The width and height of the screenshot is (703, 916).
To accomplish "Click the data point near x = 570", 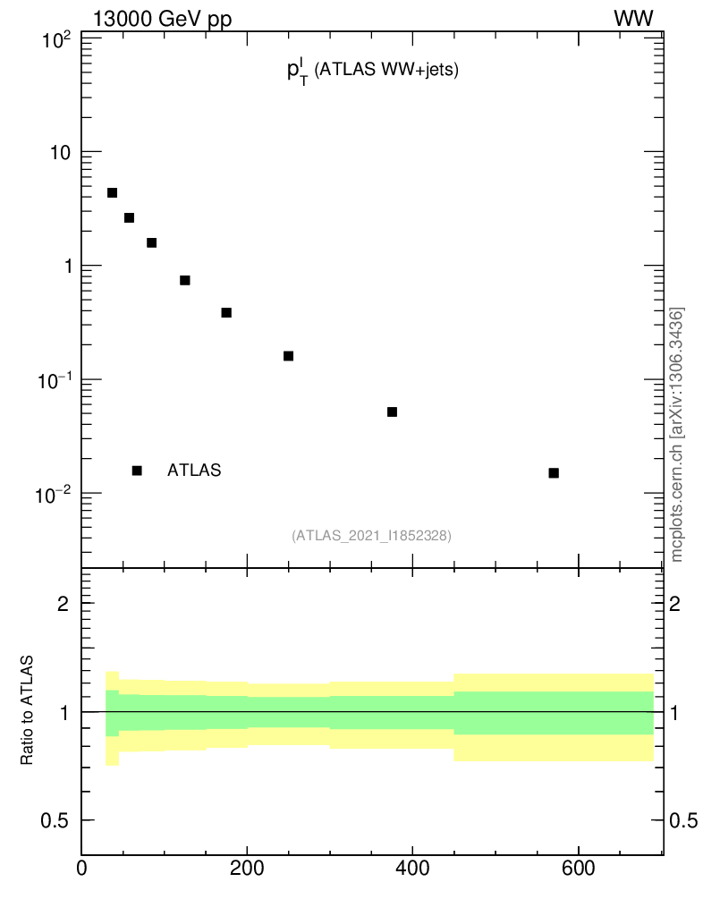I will coord(554,472).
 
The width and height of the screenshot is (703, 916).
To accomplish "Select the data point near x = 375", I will coord(392,411).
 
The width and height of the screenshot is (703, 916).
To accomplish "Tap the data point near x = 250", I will coord(288,356).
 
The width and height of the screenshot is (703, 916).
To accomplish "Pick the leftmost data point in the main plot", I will coord(112,192).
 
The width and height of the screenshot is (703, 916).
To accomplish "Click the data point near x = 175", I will coord(226,312).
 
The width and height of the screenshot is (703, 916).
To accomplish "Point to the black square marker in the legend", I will coord(137,471).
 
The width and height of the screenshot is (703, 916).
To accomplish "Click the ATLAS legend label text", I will coord(194,471).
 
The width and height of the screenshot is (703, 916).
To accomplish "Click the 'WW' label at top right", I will coord(633,19).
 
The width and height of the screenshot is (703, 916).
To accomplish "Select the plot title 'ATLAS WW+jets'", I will coord(372,72).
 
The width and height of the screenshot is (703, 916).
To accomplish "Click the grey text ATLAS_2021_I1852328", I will coord(371,536).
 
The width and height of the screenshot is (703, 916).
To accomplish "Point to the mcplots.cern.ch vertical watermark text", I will coord(678,435).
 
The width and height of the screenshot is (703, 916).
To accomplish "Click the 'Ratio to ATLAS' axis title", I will coord(28,710).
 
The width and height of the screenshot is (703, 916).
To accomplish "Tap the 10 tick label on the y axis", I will coord(60,153).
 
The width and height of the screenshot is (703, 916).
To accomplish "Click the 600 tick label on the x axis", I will coord(578,867).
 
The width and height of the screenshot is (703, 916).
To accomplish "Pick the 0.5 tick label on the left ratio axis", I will coord(55,821).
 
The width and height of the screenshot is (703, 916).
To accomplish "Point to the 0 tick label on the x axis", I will coord(81,867).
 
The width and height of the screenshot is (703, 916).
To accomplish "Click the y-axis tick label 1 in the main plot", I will coord(66,267).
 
